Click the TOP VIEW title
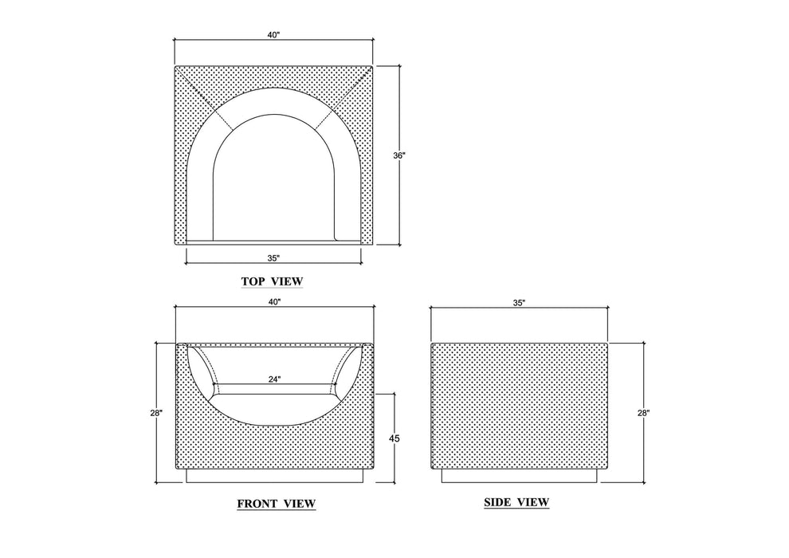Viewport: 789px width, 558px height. coord(273,281)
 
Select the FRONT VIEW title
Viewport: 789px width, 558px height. coord(277,504)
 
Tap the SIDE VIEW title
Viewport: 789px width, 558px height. coord(516,502)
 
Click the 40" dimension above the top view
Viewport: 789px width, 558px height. coord(273,35)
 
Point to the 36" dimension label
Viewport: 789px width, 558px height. coord(399,155)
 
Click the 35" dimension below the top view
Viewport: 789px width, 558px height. coord(273,258)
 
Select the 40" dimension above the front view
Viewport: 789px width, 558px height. coord(273,302)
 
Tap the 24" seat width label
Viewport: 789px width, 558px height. coord(274,379)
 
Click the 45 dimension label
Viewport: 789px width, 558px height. coord(394,438)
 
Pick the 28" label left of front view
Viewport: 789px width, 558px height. coord(156,413)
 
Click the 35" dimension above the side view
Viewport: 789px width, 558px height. coord(520,303)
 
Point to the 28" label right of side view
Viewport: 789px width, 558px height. coord(644,413)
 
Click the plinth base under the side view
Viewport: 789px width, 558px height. coord(520,475)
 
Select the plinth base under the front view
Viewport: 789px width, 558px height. coord(275,476)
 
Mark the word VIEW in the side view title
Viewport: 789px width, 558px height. coord(532,502)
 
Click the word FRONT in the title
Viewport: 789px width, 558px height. coord(257,504)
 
